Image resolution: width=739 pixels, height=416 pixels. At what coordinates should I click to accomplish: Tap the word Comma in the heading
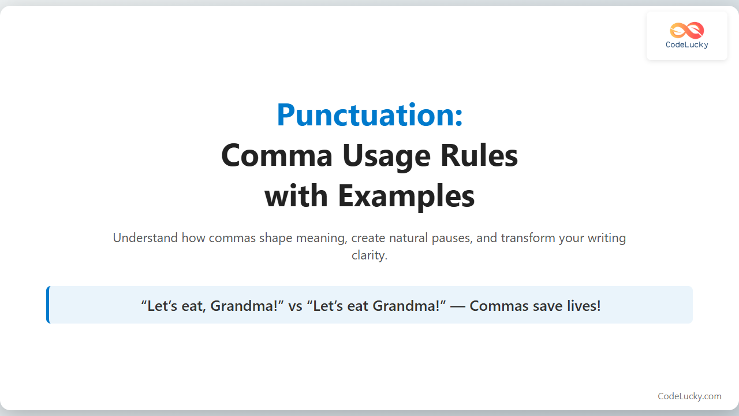[277, 155]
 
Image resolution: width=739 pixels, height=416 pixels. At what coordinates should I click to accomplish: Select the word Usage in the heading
[386, 158]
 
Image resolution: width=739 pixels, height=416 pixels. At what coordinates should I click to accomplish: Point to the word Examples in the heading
[406, 197]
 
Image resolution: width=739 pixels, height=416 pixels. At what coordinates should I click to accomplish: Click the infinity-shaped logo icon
[687, 31]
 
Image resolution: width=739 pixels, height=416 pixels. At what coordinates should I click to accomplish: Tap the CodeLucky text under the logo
[687, 45]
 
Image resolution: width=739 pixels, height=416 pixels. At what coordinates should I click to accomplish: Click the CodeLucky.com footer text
[689, 396]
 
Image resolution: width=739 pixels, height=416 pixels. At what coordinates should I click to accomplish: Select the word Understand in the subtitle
[145, 237]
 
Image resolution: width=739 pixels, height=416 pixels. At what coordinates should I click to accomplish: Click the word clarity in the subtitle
[369, 255]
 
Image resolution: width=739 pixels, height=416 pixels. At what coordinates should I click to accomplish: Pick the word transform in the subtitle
[528, 237]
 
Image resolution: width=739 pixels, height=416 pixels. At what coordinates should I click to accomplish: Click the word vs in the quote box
[295, 306]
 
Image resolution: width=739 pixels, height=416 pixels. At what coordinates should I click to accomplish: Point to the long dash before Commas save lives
[458, 306]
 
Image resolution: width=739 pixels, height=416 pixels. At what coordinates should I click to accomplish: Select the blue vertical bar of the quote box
[48, 304]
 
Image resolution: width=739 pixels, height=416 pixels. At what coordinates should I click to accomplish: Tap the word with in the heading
[296, 196]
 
